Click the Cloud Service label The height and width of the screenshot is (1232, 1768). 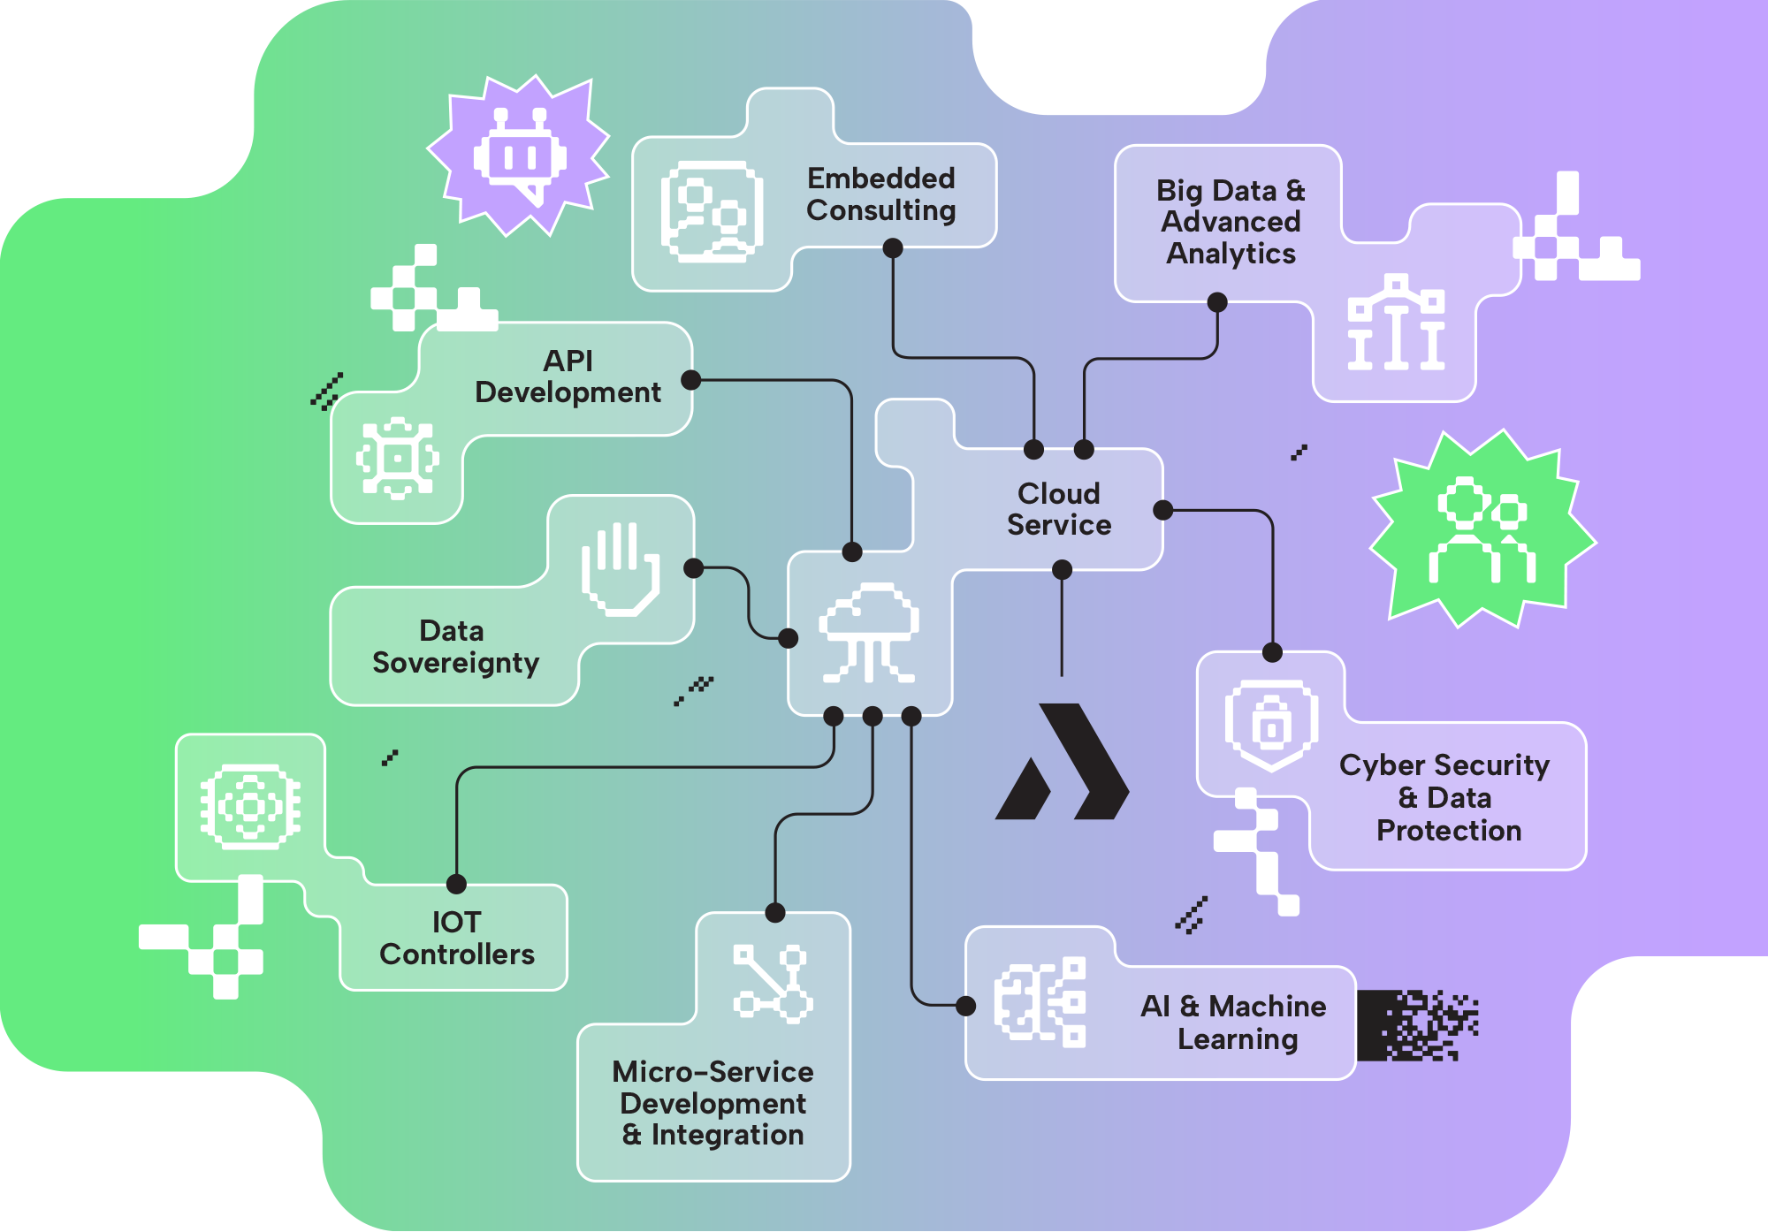coord(1058,509)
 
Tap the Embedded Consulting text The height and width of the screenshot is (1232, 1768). coord(880,194)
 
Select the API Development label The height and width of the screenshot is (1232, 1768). coord(568,376)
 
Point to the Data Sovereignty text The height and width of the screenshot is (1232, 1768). coord(454,647)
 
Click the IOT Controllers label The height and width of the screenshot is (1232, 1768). coord(456,939)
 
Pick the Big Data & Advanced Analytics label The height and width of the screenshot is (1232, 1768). coord(1231,222)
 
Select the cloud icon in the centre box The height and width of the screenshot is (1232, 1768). coord(869,632)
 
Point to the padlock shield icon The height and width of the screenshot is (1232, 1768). coord(1271,725)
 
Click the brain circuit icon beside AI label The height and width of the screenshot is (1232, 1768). coord(1040,1002)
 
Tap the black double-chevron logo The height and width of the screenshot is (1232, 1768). coord(1063,762)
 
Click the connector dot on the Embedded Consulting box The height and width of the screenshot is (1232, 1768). coord(893,248)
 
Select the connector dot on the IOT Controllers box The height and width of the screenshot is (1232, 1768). coord(456,884)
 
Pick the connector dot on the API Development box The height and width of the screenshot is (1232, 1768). coord(691,380)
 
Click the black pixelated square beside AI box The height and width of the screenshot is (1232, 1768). coord(1416,1025)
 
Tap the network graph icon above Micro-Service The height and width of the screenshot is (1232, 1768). coord(772,984)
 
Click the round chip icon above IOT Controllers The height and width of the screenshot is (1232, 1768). coord(250,806)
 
